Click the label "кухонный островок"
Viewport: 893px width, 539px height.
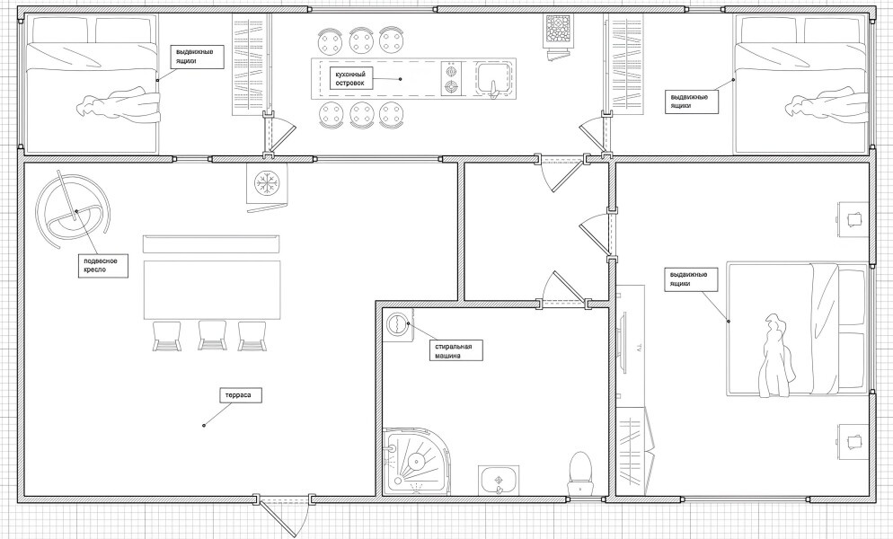click(x=349, y=79)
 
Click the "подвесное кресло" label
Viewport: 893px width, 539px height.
click(x=102, y=265)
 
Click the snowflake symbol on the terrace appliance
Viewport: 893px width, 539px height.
click(x=264, y=183)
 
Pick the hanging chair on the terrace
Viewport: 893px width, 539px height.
click(x=73, y=211)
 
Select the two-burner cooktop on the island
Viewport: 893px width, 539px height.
click(x=452, y=79)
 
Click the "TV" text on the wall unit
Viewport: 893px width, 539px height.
click(x=639, y=347)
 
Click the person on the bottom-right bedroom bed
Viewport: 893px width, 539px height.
click(x=775, y=355)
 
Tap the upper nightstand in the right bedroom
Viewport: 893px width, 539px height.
click(x=853, y=219)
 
